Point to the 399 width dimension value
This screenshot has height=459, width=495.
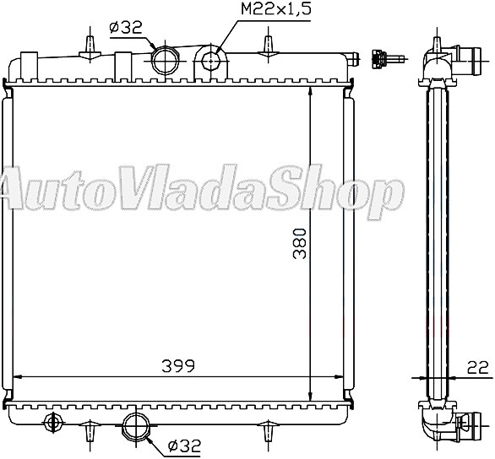pos(180,365)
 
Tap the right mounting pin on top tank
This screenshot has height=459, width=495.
pos(268,43)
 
